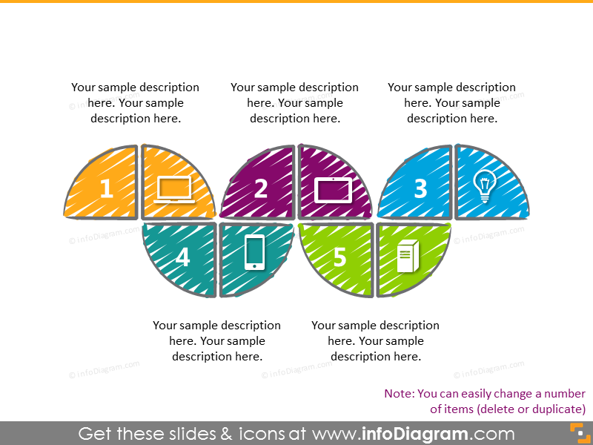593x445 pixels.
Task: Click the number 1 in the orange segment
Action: [x=106, y=189]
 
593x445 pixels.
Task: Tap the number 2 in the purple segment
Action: [x=261, y=188]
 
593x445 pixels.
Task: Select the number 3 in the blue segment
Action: [x=420, y=188]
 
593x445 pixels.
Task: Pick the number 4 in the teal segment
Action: [x=182, y=257]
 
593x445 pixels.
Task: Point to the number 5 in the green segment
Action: [x=339, y=257]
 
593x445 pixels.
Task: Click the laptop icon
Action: [x=174, y=190]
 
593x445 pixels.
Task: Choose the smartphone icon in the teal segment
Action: [x=254, y=252]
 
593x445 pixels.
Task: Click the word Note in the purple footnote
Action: [x=399, y=394]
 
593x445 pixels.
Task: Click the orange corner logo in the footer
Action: [x=577, y=432]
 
